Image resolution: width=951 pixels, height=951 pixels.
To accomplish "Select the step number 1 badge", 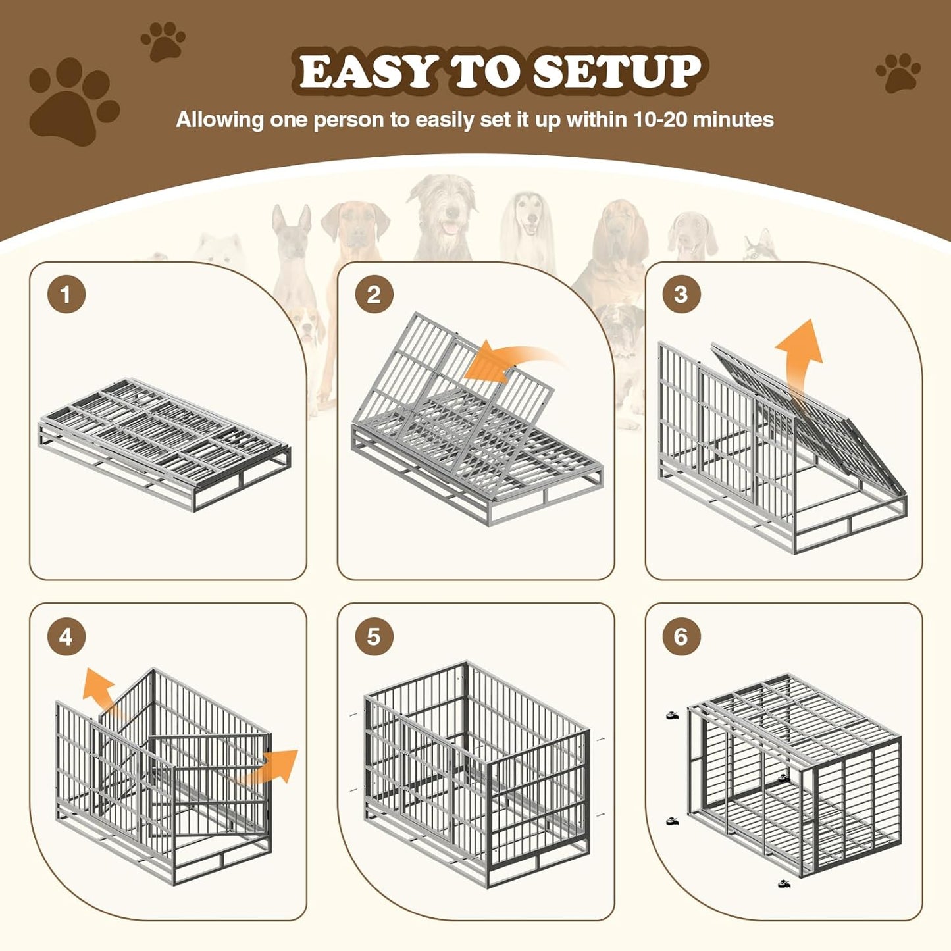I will click(66, 294).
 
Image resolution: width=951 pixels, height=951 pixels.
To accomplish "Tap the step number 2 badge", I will click(374, 294).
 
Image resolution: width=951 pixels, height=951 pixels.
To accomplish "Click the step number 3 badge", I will click(681, 294).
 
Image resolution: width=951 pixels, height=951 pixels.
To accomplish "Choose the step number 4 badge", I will click(66, 636).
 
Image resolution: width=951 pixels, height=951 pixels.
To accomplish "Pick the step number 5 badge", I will click(374, 636).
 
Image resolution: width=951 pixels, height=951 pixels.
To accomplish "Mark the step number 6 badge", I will click(681, 636).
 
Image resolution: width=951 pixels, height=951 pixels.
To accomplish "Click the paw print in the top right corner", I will click(898, 72).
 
